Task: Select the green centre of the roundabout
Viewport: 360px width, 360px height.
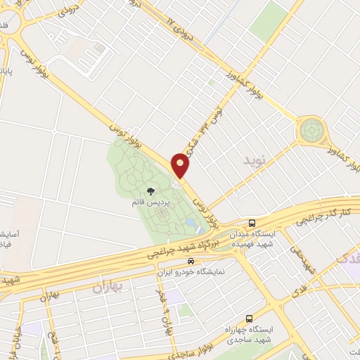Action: click(311, 129)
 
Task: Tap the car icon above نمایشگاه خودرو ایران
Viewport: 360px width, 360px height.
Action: click(181, 260)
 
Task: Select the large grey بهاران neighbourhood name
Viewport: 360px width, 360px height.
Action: click(108, 287)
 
